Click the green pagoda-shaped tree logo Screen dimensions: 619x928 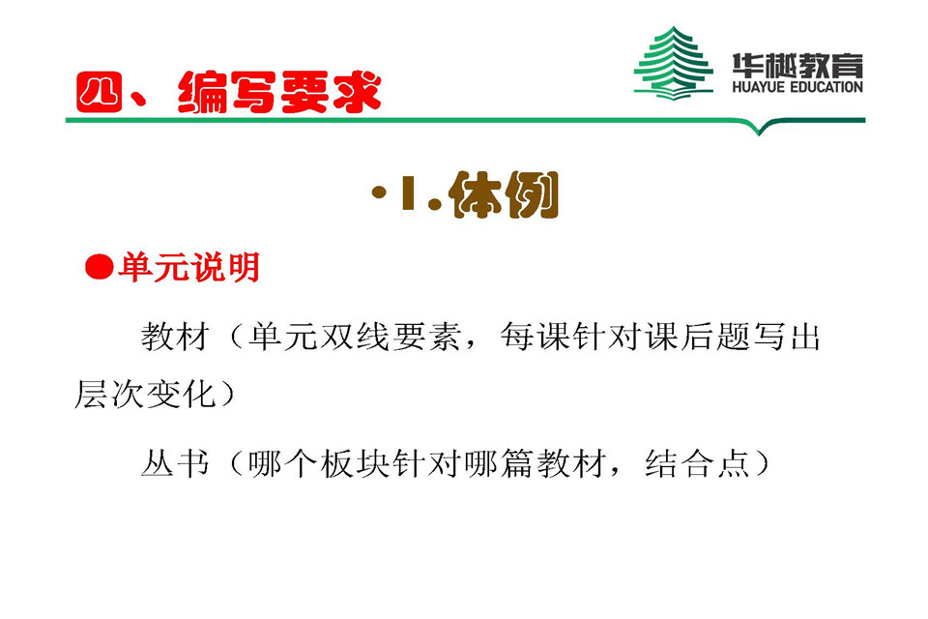[673, 63]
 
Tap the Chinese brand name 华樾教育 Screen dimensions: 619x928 [797, 65]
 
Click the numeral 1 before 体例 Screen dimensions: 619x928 [406, 195]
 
